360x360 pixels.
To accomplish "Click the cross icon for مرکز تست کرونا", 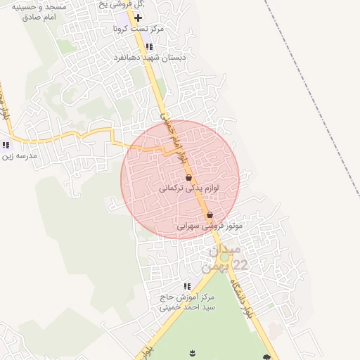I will pyautogui.click(x=138, y=17).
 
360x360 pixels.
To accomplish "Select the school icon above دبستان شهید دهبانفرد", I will pyautogui.click(x=148, y=46).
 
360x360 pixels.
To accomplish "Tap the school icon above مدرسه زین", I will pyautogui.click(x=6, y=145).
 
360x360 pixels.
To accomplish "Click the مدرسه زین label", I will pyautogui.click(x=18, y=156).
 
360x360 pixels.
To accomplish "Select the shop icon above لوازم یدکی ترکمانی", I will pyautogui.click(x=188, y=178).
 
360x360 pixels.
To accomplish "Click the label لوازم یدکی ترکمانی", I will pyautogui.click(x=189, y=189).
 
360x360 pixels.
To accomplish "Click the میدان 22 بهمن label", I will pyautogui.click(x=225, y=257).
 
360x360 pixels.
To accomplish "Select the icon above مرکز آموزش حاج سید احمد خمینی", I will pyautogui.click(x=187, y=286).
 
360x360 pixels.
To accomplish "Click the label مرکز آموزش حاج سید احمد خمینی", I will pyautogui.click(x=187, y=302).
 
